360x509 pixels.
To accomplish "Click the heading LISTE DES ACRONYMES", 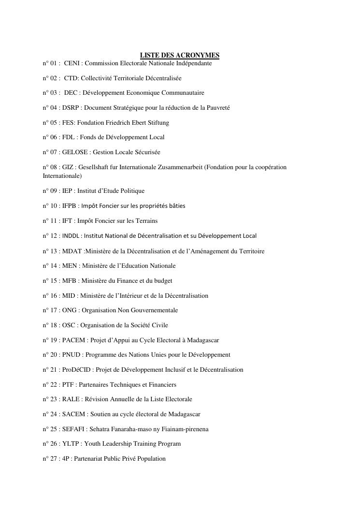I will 179,56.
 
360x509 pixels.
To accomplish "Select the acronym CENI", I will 72,63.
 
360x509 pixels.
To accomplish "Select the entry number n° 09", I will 50,191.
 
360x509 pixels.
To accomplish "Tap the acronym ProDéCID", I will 76,370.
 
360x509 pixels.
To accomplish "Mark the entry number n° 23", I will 50,399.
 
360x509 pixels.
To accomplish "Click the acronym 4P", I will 65,459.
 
